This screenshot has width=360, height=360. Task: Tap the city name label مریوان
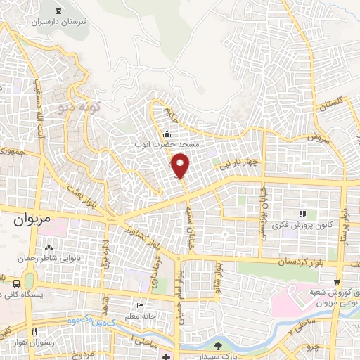[x=32, y=219]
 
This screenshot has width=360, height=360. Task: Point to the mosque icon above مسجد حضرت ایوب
[x=167, y=134]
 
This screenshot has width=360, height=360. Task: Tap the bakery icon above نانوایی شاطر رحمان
[x=49, y=248]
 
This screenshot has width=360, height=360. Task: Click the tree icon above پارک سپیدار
[x=219, y=345]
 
